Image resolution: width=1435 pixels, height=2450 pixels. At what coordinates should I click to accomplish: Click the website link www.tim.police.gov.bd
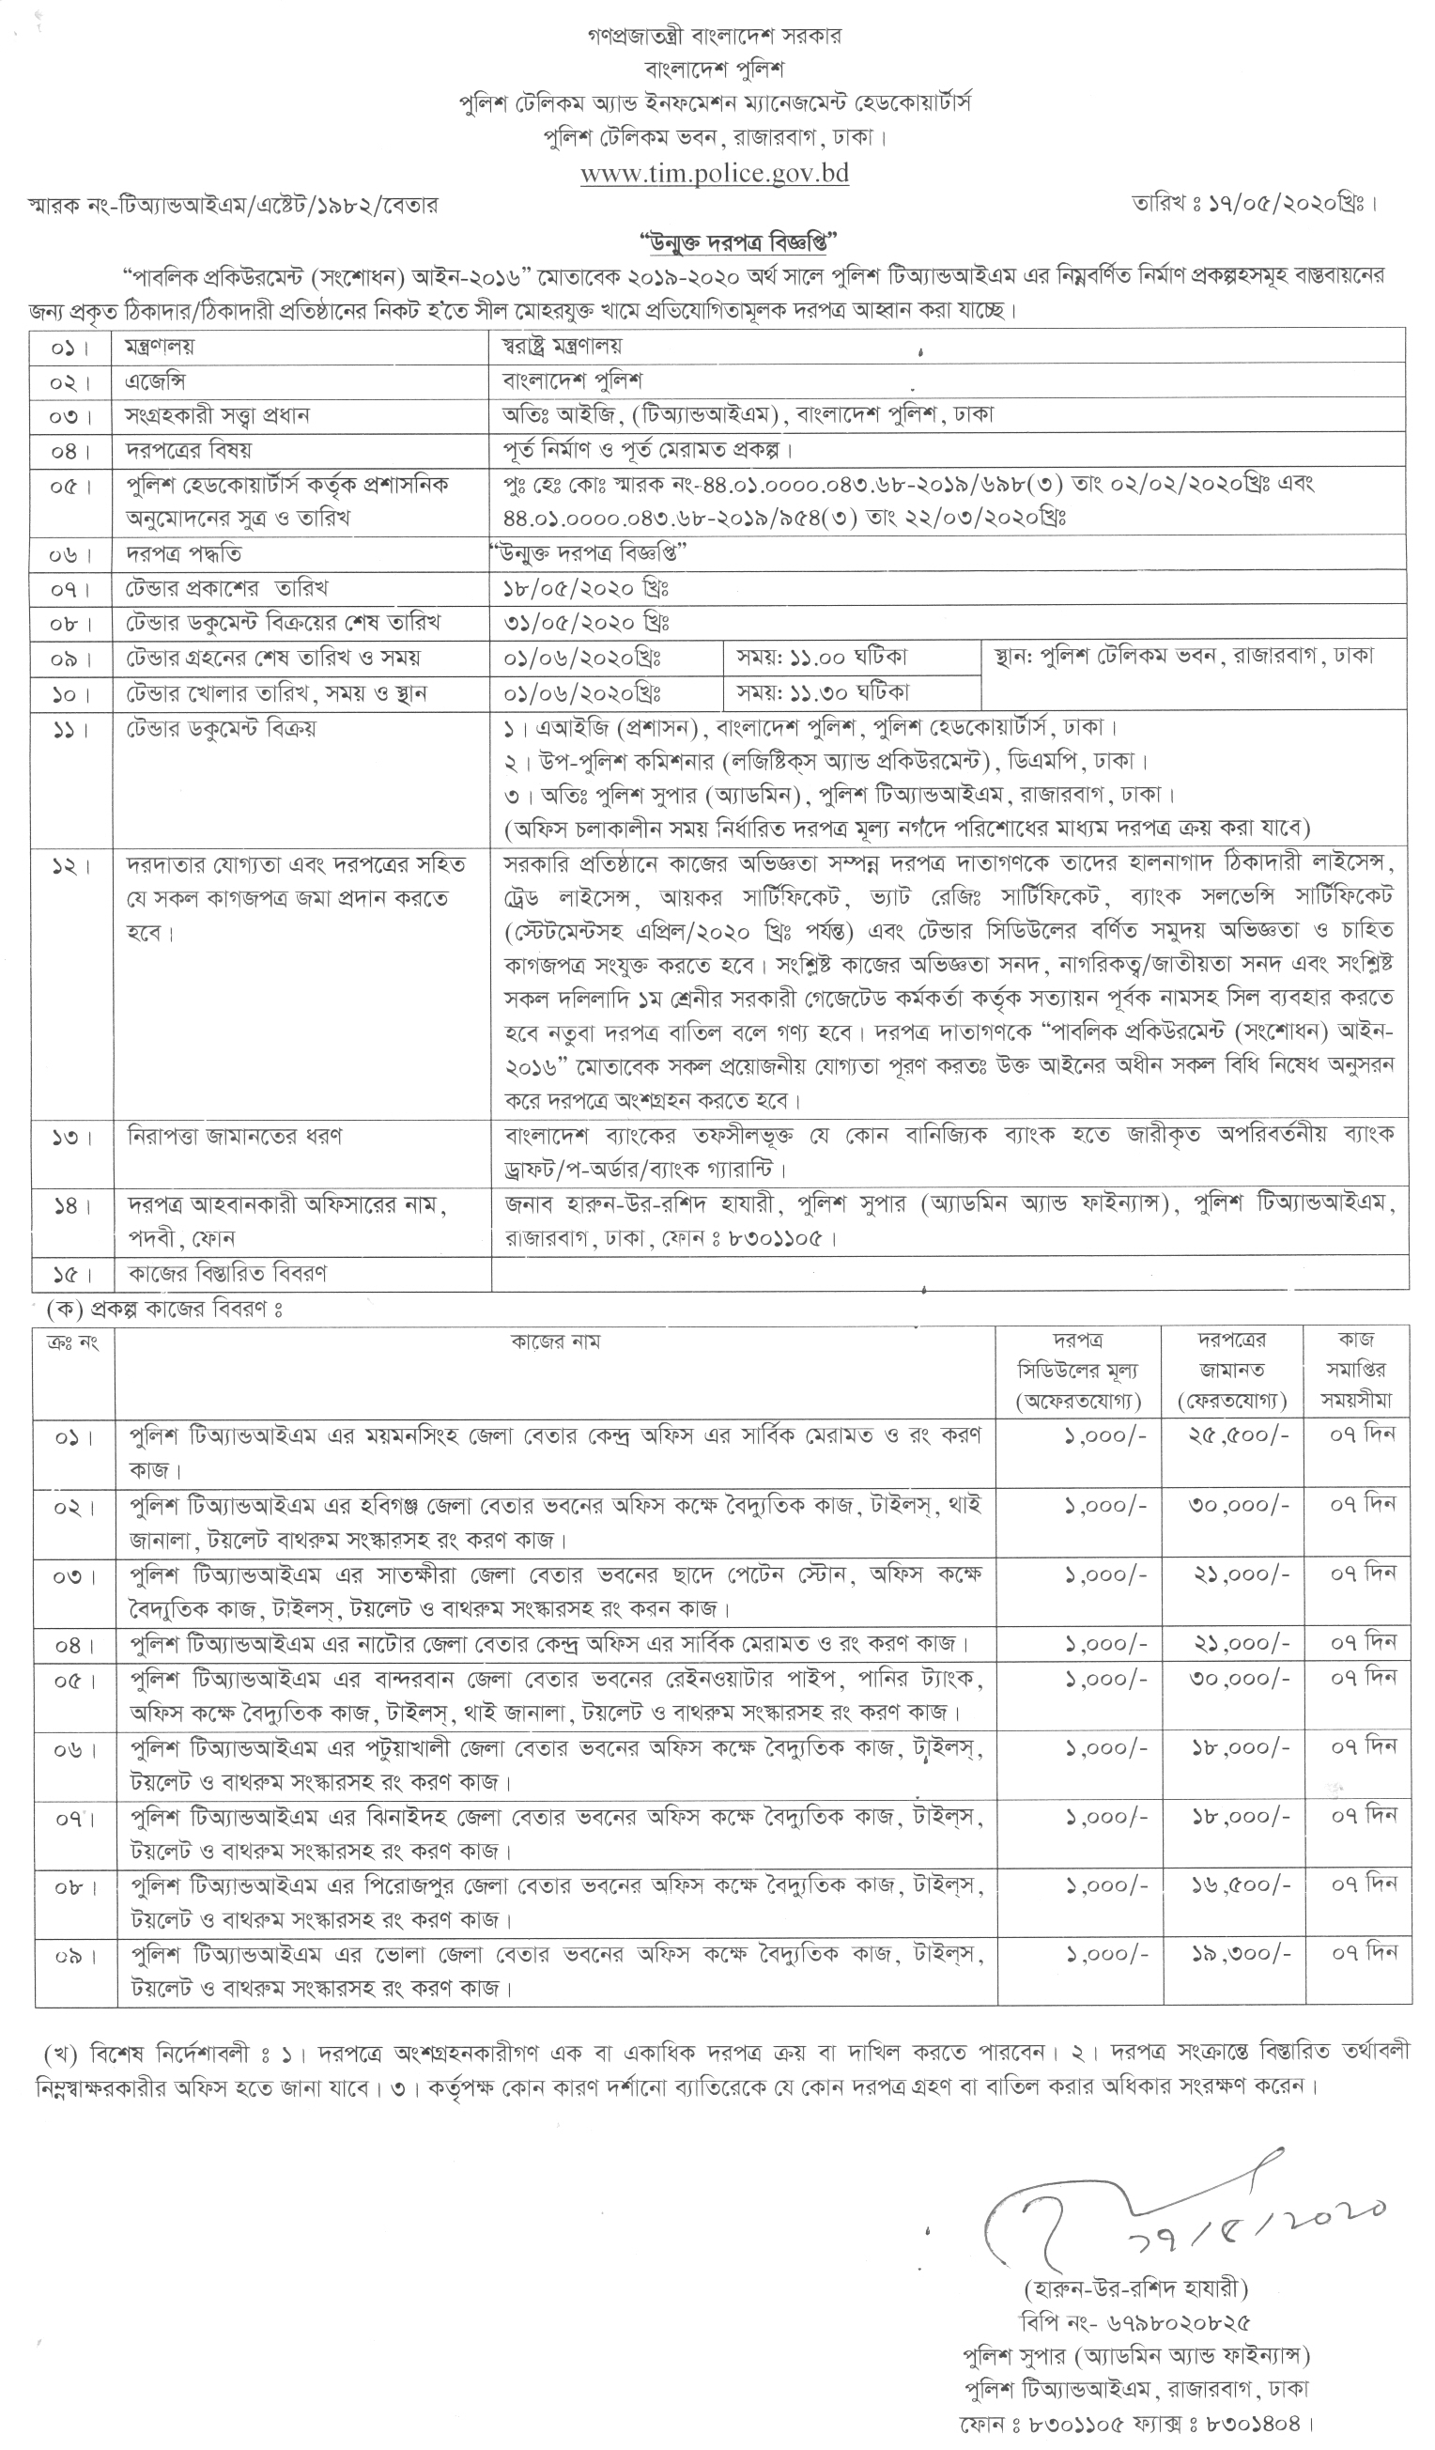pos(715,173)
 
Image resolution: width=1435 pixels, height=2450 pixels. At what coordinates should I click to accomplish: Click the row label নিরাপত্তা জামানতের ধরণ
pos(234,1136)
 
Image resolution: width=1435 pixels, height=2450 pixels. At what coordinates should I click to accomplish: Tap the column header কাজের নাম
pos(555,1341)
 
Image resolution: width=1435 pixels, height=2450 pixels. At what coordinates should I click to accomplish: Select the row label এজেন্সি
pos(156,380)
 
